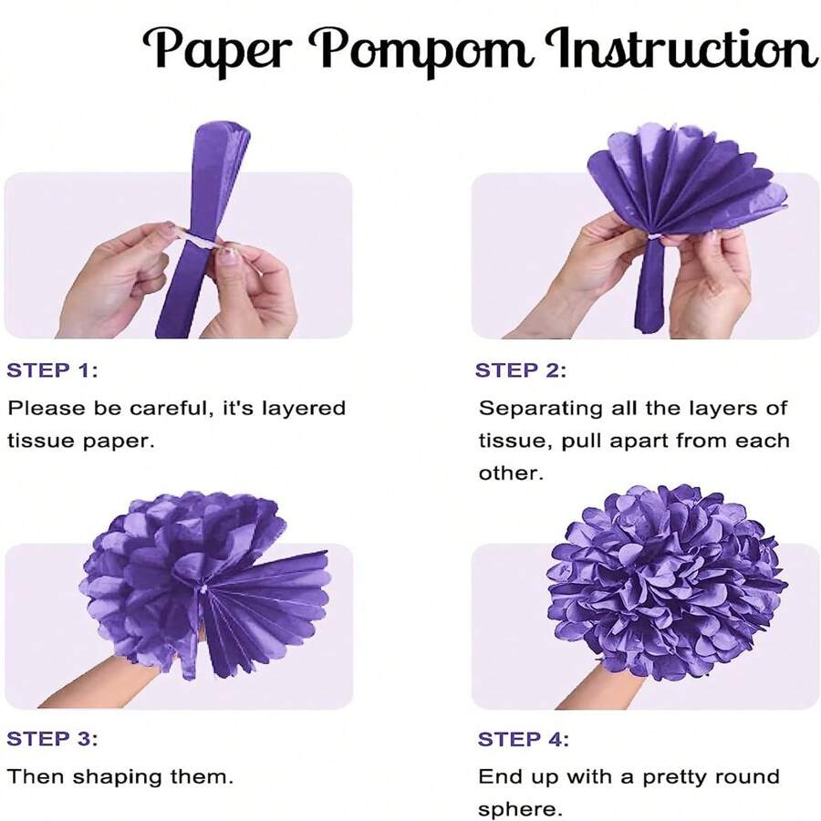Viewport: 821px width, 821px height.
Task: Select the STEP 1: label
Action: tap(51, 370)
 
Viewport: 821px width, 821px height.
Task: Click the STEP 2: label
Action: tap(520, 370)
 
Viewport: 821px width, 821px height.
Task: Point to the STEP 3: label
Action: tap(51, 739)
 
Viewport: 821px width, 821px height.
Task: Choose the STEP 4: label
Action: tap(523, 739)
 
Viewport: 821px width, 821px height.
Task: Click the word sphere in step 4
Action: tap(517, 810)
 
